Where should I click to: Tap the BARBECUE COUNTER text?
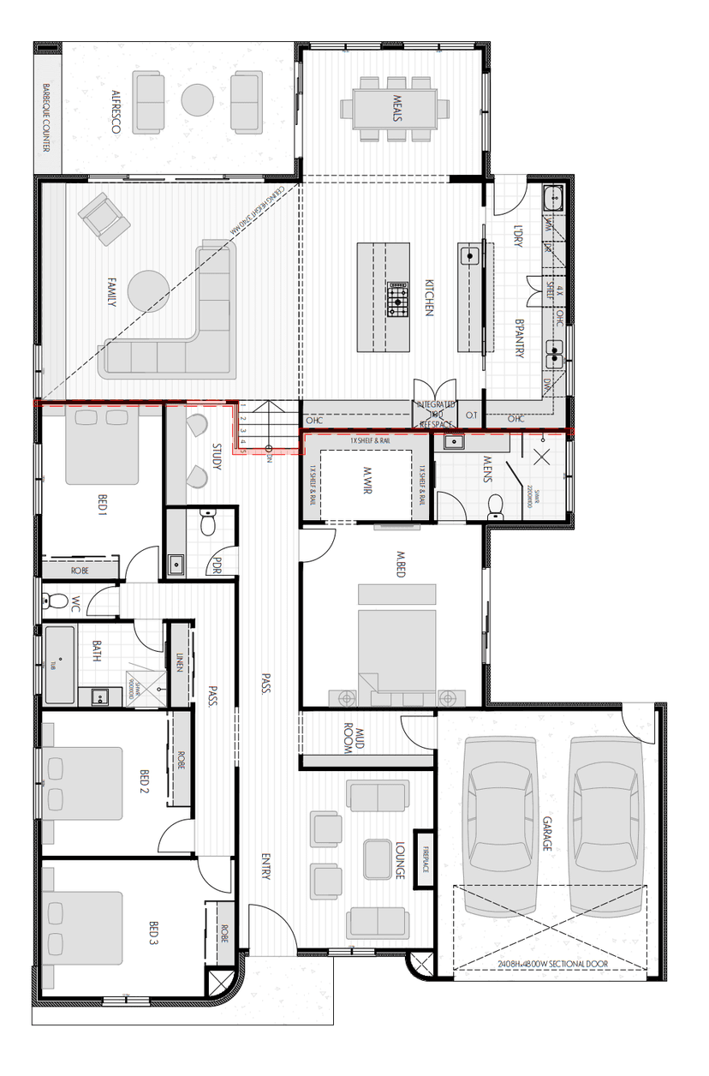pyautogui.click(x=47, y=117)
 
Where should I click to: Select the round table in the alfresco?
pyautogui.click(x=198, y=99)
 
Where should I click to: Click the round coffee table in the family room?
pyautogui.click(x=149, y=291)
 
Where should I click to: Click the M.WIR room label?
pyautogui.click(x=366, y=480)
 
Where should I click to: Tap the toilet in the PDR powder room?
pyautogui.click(x=206, y=522)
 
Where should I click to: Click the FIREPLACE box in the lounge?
pyautogui.click(x=424, y=858)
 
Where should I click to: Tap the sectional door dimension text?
pyautogui.click(x=551, y=964)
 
